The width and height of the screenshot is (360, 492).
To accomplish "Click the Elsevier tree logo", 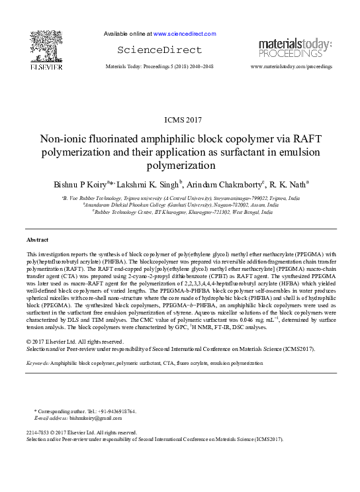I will click(46, 44).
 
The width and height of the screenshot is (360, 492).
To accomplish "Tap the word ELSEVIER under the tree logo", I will click(46, 67).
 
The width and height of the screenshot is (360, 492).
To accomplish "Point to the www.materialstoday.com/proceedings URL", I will click(291, 67).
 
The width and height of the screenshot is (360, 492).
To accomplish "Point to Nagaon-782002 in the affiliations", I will click(228, 205).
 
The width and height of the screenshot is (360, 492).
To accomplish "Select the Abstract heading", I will click(37, 238).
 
